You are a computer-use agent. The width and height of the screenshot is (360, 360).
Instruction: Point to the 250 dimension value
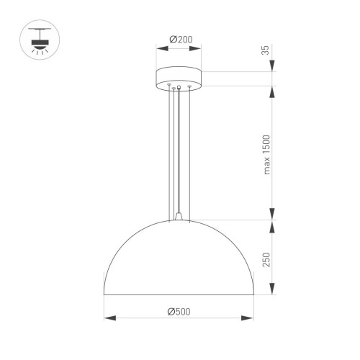pos(266,259)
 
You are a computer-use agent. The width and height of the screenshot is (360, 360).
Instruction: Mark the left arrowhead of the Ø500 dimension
pos(107,318)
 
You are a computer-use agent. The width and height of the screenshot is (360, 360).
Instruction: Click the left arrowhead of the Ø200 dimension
pos(159,49)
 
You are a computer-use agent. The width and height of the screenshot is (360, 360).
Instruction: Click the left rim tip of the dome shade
pos(105,293)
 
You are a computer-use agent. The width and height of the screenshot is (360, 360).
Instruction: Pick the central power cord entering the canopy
pos(179,144)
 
